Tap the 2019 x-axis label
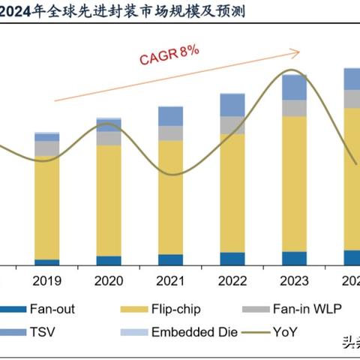[x=46, y=282]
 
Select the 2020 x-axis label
[x=109, y=282]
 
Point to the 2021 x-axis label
[x=170, y=282]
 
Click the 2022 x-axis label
[x=232, y=282]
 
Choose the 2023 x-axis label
[x=294, y=282]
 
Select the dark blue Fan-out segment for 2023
[x=294, y=258]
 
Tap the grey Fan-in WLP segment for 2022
[x=232, y=124]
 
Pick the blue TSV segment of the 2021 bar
[x=170, y=115]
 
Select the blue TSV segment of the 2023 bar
[x=294, y=87]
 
